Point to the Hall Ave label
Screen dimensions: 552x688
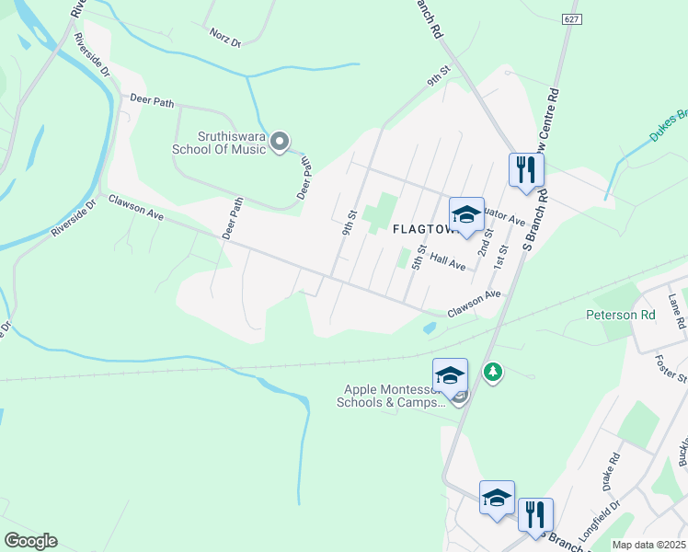coord(447,263)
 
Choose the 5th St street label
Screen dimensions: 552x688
coord(419,255)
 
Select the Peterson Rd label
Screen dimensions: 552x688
coord(621,315)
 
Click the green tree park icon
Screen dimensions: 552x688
coord(494,373)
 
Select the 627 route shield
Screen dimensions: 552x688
coord(572,17)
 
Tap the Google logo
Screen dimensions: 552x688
coord(29,541)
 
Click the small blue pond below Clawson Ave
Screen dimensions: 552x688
coord(429,328)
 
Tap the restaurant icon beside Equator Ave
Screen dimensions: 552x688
coord(526,170)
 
